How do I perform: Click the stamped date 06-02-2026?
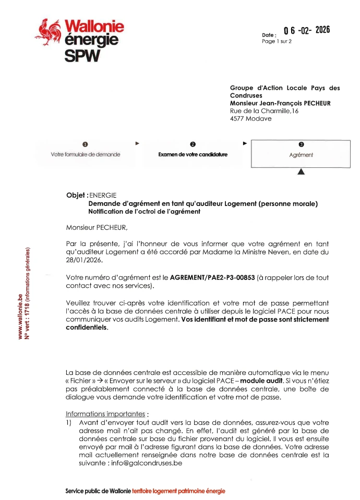click(307, 30)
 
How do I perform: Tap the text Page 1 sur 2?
click(277, 41)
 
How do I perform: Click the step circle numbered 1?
click(85, 144)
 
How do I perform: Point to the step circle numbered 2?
click(193, 144)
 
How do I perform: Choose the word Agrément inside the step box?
click(301, 155)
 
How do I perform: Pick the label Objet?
click(75, 195)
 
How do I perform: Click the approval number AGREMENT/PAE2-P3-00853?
click(213, 278)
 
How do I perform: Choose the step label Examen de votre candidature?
click(193, 155)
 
